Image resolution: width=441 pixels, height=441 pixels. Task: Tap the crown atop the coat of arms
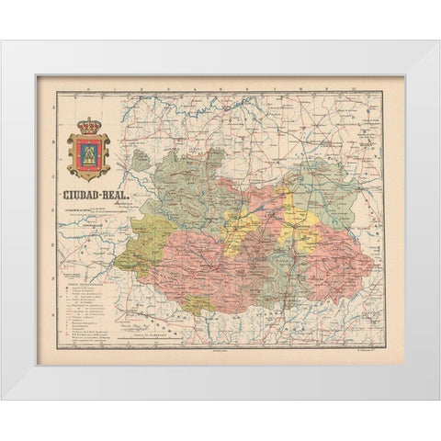click(88, 125)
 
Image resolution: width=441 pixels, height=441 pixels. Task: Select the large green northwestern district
click(184, 184)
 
